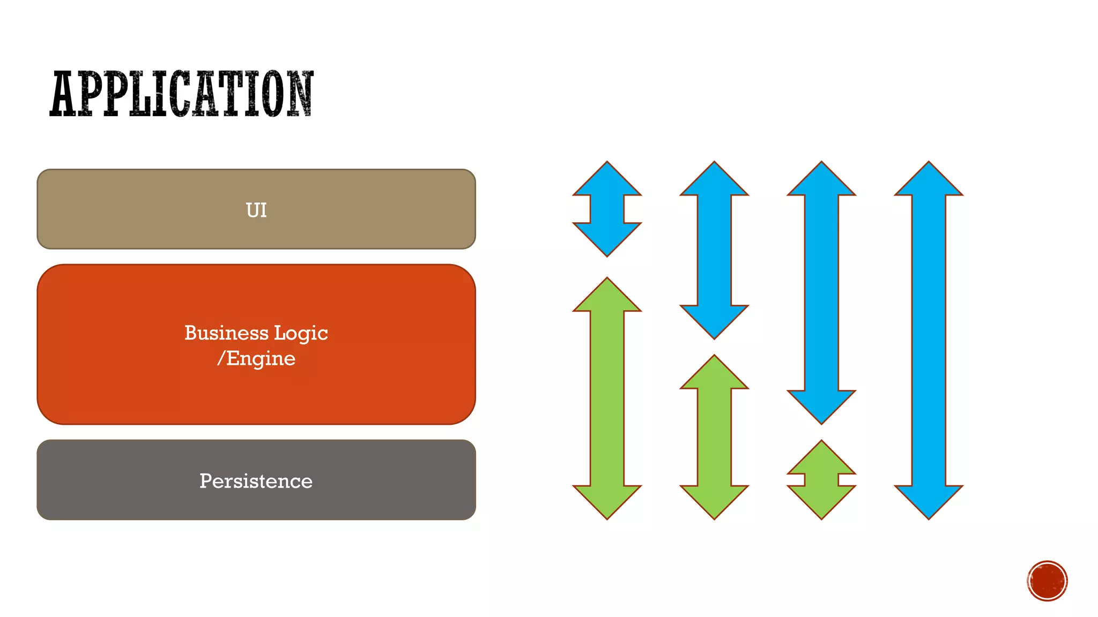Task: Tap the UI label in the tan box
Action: click(x=256, y=210)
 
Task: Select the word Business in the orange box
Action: click(x=226, y=333)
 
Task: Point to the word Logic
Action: click(x=301, y=333)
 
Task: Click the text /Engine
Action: click(x=256, y=358)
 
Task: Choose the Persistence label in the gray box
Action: click(x=256, y=481)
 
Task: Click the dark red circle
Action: click(x=1047, y=581)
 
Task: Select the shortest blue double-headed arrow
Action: click(x=607, y=209)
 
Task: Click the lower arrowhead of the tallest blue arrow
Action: click(x=929, y=500)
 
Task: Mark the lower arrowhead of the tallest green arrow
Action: click(x=607, y=500)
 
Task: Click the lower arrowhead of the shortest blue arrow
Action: click(x=607, y=238)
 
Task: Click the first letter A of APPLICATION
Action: click(x=63, y=94)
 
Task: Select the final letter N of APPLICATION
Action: click(x=299, y=94)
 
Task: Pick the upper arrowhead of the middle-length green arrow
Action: click(x=714, y=373)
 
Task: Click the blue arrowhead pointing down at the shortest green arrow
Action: click(x=821, y=405)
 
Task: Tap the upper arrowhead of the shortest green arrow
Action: click(x=821, y=459)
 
